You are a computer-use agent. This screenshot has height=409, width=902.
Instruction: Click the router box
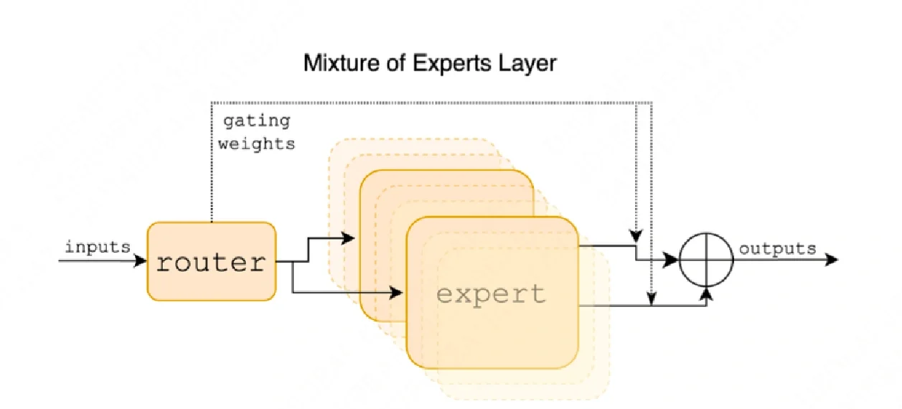[211, 262]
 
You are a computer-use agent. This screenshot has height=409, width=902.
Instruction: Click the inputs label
[98, 248]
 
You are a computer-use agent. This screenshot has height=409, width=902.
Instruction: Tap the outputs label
[777, 249]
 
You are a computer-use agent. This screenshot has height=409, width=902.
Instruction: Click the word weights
[256, 144]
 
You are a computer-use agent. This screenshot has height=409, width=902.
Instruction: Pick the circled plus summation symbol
[707, 260]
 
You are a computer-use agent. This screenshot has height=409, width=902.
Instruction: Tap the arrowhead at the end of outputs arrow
[832, 260]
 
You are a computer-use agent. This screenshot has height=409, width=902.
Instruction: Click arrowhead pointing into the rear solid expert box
[350, 238]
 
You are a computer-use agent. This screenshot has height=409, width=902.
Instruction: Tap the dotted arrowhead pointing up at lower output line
[650, 301]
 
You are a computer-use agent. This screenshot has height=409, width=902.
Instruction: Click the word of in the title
[393, 63]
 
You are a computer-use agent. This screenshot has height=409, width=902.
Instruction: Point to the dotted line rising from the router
[211, 165]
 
